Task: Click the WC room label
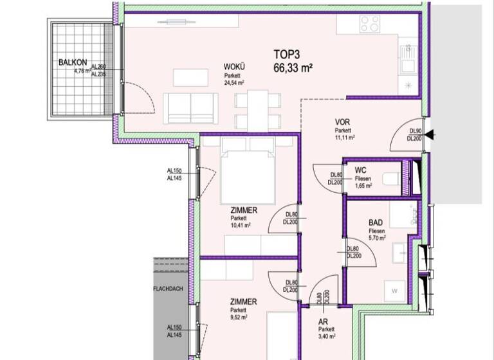pos(361,170)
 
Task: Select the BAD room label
pos(377,222)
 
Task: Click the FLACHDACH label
pos(168,289)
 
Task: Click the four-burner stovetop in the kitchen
pos(370,24)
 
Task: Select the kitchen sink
pos(407,60)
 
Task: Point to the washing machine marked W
pos(394,292)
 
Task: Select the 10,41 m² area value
pos(241,226)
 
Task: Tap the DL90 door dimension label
pos(414,130)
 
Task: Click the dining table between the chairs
pos(258,110)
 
